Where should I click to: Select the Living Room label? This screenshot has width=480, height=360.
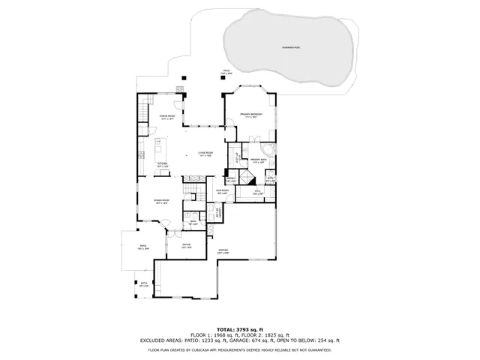205,154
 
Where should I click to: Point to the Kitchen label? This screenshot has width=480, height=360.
162,163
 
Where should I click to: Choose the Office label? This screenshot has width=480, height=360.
187,246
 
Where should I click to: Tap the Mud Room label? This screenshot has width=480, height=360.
223,192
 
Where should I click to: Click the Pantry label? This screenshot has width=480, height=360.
230,180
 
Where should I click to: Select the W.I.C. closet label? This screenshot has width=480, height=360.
255,192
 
